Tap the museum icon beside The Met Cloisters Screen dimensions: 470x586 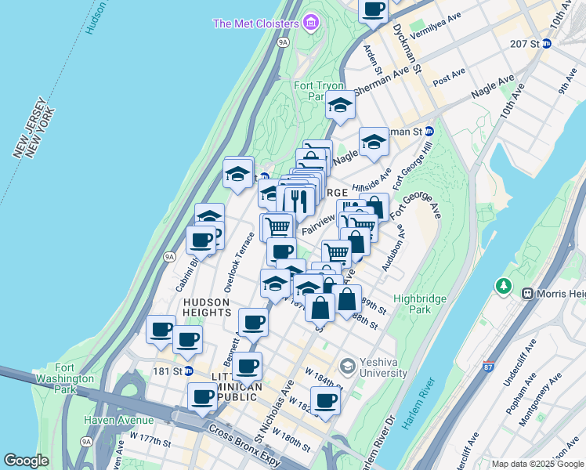click(x=312, y=23)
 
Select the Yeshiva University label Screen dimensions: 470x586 click(x=382, y=367)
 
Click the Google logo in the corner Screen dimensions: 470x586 click(x=26, y=461)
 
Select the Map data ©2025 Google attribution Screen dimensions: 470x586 click(x=537, y=464)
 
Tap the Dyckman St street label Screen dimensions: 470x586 click(x=407, y=45)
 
